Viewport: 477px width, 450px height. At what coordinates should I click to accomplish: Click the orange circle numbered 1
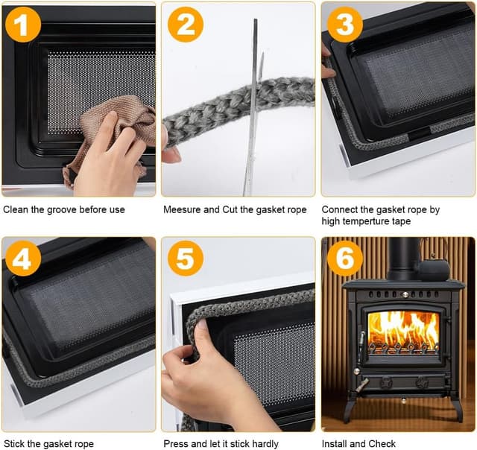pos(23,25)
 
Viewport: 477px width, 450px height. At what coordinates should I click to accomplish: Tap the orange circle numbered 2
pos(186,25)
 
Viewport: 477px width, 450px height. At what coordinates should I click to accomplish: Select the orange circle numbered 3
pos(345,25)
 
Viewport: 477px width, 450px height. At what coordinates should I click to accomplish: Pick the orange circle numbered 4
pos(23,259)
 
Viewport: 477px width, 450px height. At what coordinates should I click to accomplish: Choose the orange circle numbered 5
pos(186,259)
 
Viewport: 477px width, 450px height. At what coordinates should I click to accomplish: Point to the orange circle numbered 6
pos(345,259)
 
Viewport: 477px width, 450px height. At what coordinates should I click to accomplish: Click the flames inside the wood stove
pos(403,332)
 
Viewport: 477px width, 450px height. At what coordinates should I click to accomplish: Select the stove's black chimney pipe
pos(403,259)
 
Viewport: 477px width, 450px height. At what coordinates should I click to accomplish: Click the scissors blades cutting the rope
pos(253,107)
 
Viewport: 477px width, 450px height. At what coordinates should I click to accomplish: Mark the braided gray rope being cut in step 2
pos(237,110)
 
